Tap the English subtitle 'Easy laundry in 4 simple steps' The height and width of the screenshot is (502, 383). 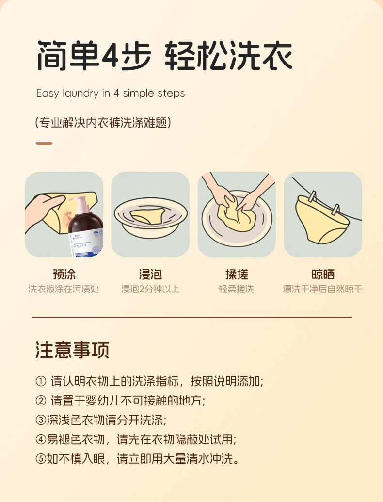(111, 93)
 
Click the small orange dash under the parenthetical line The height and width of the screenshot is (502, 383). (44, 143)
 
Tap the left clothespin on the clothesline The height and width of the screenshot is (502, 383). (312, 198)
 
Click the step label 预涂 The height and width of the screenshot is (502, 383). (64, 275)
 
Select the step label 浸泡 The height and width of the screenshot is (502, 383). (150, 275)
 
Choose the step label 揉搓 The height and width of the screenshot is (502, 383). (237, 275)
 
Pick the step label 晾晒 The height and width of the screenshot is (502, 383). (323, 275)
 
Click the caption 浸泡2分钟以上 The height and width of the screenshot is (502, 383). (150, 289)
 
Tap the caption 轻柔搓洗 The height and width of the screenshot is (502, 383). (237, 289)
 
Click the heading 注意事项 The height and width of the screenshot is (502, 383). (72, 350)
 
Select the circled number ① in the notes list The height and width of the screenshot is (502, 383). (41, 381)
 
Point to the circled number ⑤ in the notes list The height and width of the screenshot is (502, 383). (41, 459)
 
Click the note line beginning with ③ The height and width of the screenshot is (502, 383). (104, 420)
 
